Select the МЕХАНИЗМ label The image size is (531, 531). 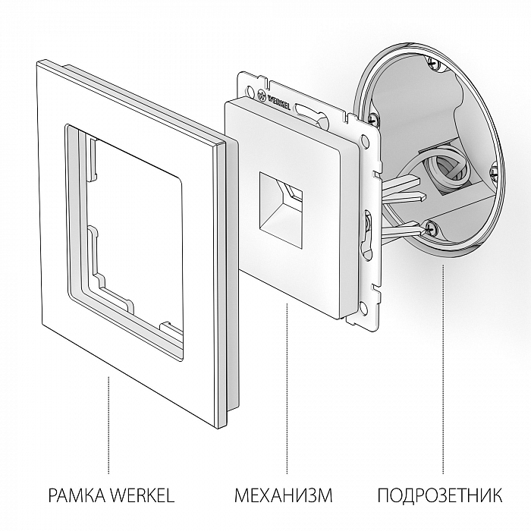pos(284,497)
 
